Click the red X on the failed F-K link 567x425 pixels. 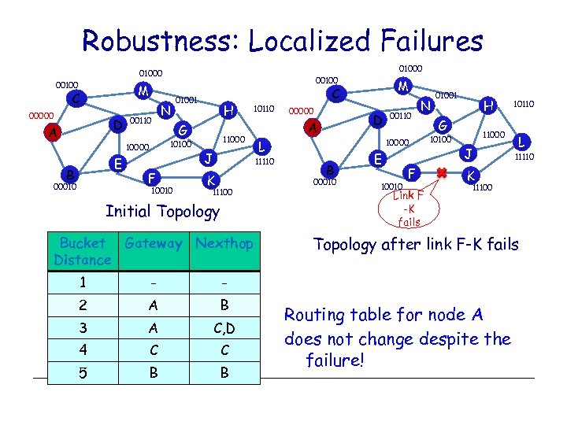(442, 171)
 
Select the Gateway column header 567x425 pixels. (153, 244)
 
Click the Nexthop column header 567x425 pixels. (224, 244)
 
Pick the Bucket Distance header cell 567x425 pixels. (82, 251)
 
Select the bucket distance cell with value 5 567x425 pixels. (82, 374)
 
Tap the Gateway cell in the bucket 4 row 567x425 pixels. (153, 350)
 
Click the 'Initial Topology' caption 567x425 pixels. (163, 211)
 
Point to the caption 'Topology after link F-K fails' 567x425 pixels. (415, 245)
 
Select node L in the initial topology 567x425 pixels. (262, 147)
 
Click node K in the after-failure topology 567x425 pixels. (470, 174)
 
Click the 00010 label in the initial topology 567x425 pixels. (65, 187)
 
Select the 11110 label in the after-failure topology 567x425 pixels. (524, 157)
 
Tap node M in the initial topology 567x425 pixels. (143, 91)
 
